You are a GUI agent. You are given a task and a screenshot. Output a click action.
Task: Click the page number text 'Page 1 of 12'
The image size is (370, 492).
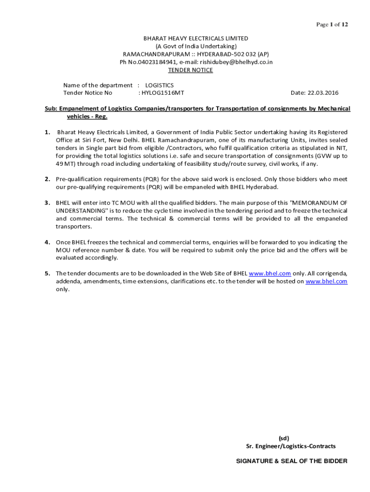pos(331,25)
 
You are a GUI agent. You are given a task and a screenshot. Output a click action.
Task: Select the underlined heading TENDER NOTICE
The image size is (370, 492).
pos(190,70)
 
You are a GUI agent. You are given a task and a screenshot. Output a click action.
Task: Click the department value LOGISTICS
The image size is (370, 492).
pos(160,85)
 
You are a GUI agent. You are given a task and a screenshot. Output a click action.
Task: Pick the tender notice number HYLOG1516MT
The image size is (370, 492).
pos(162,93)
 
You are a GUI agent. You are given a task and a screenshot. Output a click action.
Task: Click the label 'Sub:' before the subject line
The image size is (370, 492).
pos(51,109)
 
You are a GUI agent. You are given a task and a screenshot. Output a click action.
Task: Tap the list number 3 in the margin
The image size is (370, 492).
pos(48,203)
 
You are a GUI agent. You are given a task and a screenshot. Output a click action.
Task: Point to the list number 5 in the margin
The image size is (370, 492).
pos(48,273)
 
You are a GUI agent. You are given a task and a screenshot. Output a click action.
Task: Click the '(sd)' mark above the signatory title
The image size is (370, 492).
pos(284,438)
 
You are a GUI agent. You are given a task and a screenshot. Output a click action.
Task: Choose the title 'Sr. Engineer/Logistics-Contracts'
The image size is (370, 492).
pos(291,446)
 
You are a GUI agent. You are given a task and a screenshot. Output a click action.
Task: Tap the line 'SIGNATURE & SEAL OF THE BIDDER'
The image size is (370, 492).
pos(291,461)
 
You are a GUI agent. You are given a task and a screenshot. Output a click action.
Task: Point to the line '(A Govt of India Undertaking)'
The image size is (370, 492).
pos(196,46)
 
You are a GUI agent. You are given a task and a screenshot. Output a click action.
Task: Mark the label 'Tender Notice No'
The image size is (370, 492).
pos(87,93)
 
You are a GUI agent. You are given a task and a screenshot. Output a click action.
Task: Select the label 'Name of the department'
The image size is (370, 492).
pos(98,85)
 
